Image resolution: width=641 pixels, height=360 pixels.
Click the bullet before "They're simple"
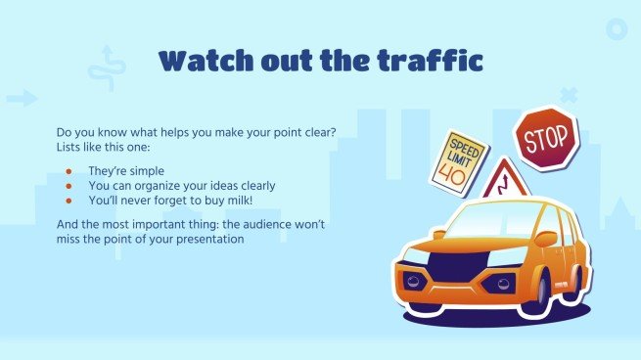click(x=69, y=170)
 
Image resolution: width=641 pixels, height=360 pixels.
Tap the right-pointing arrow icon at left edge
click(x=22, y=98)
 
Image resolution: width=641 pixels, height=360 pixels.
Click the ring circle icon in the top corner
click(x=616, y=29)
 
